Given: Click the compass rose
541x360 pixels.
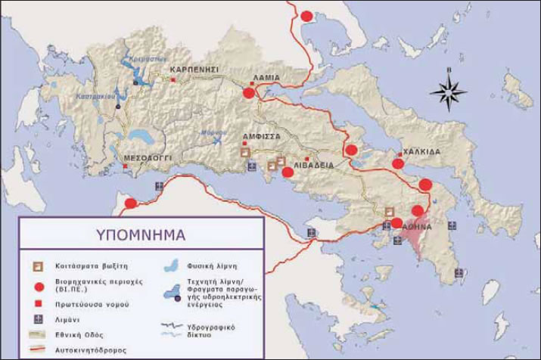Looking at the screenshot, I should tap(448, 92).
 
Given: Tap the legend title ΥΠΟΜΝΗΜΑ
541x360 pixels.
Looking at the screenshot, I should tap(140, 234).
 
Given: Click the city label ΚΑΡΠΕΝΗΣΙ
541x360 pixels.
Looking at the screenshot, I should tap(194, 69).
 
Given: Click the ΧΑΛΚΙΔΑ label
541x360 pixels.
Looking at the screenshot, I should tap(421, 151).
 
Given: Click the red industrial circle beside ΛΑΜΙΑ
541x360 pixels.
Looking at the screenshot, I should tap(249, 93).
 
